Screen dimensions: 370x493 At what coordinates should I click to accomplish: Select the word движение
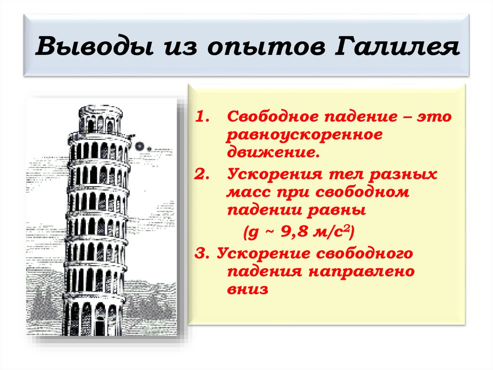(x=273, y=153)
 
